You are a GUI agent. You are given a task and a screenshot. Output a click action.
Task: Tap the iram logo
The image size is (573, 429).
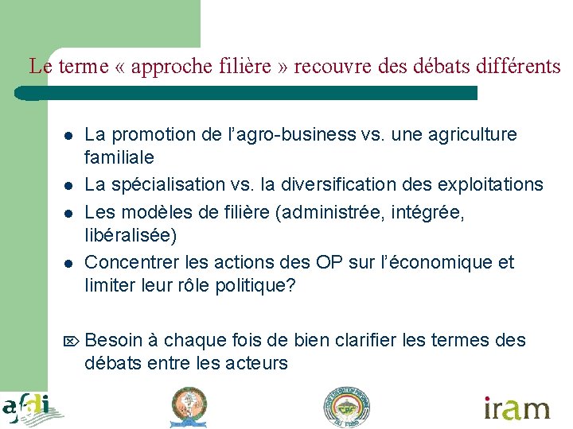pos(517,408)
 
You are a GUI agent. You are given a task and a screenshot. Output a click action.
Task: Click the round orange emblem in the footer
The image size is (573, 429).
pos(189,408)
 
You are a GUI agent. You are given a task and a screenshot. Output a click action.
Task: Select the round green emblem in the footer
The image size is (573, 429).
pos(347,408)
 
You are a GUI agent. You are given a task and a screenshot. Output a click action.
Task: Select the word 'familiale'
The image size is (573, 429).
pos(119,157)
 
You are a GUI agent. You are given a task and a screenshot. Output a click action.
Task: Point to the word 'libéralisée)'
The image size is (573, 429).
pos(131,235)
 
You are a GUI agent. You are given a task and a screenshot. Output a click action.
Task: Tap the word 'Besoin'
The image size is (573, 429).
pos(113,341)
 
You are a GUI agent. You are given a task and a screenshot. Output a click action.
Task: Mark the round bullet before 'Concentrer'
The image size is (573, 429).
pos(69,264)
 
